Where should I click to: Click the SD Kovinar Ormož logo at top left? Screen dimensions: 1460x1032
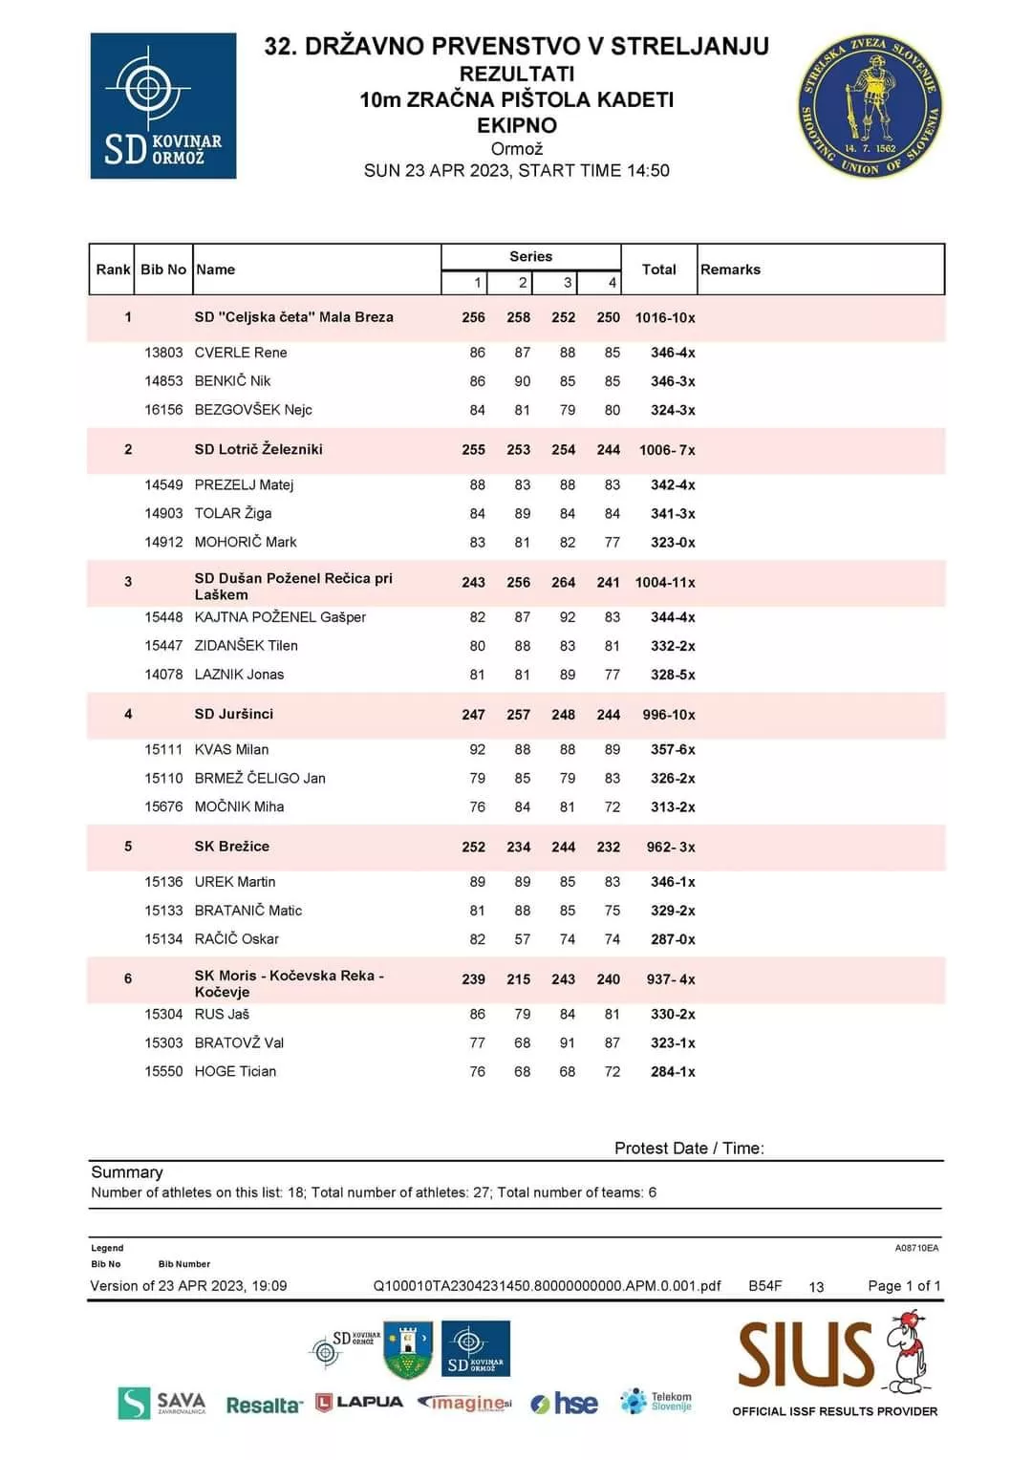163,106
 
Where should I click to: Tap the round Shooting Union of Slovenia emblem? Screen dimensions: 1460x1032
870,106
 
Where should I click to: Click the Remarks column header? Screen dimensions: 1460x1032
730,269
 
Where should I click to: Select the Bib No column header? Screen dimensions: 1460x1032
163,269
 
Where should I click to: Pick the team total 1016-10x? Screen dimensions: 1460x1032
665,317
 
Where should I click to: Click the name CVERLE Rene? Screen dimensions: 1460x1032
241,353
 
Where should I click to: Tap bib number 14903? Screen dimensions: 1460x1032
163,513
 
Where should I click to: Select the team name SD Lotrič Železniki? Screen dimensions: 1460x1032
258,449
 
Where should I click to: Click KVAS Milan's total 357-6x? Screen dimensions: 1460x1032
673,750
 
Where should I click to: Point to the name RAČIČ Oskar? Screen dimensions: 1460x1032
237,939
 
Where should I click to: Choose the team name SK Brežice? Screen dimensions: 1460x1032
232,847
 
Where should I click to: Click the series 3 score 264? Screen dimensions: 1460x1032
564,582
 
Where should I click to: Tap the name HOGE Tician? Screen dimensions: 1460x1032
235,1072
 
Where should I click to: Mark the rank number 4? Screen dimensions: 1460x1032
128,714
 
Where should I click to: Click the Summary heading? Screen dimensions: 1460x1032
127,1172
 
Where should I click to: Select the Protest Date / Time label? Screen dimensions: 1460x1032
689,1149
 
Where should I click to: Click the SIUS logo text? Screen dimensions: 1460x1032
806,1354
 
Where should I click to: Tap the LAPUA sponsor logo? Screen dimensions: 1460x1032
359,1403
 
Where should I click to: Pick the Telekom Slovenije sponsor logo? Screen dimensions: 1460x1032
656,1402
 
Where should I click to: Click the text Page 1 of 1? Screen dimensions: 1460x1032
904,1286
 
